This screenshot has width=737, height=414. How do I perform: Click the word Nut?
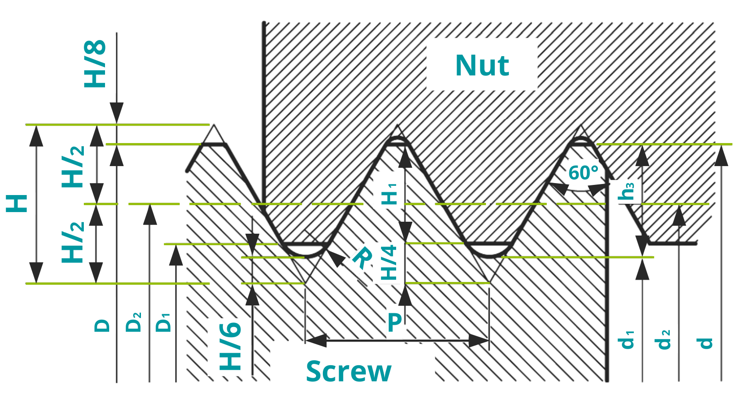click(482, 65)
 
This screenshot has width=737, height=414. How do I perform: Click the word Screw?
click(349, 371)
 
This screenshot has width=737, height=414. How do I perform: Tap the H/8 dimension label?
click(95, 64)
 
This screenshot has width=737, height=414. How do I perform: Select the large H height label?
click(17, 203)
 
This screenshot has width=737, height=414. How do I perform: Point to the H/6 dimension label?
click(231, 346)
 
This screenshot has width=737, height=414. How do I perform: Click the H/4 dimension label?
click(389, 263)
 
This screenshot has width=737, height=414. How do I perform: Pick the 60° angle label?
click(583, 173)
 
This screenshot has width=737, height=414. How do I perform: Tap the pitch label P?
click(395, 323)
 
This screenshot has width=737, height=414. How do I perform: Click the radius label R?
click(362, 258)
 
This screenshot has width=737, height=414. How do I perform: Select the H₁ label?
click(389, 194)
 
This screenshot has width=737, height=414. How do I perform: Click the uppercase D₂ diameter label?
click(134, 322)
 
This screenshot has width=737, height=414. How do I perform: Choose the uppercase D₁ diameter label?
click(164, 322)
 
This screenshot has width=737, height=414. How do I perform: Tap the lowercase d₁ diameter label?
click(626, 339)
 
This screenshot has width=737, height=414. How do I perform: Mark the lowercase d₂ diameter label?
click(663, 339)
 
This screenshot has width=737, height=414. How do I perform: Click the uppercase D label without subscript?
click(102, 326)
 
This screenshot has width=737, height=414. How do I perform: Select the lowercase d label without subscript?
click(705, 343)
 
